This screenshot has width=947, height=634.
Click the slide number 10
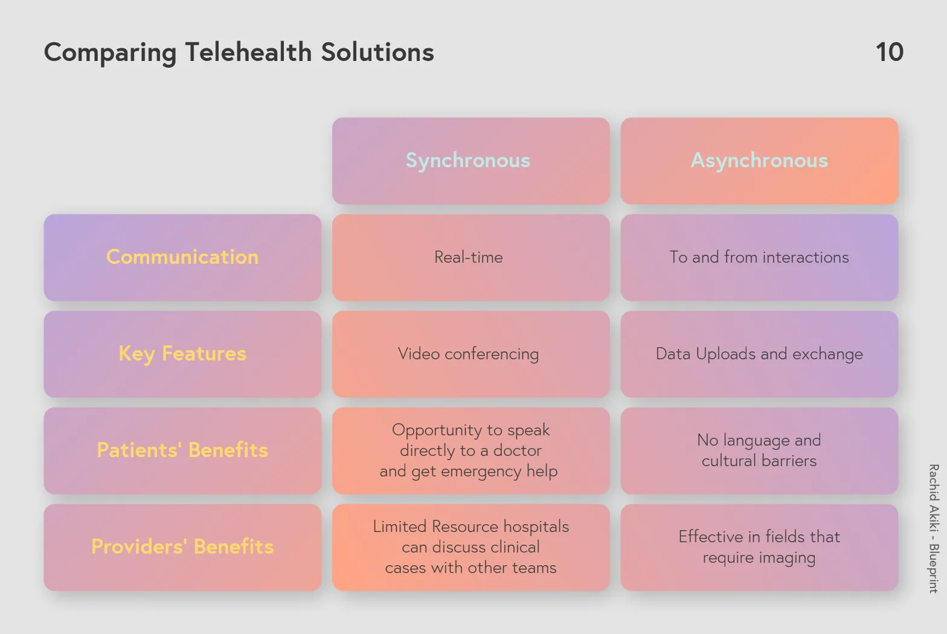(x=890, y=53)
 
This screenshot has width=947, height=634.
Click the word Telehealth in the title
(x=249, y=53)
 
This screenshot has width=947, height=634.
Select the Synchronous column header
(x=470, y=161)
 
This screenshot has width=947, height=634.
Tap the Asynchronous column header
(x=759, y=161)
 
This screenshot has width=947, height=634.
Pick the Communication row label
(x=182, y=257)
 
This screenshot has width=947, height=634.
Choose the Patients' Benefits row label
(x=182, y=450)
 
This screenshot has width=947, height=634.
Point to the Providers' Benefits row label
(x=182, y=547)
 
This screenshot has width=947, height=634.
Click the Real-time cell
(x=470, y=257)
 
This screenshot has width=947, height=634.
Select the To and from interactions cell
(x=759, y=257)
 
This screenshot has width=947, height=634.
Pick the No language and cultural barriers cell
(x=759, y=450)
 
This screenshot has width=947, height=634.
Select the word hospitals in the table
(x=536, y=527)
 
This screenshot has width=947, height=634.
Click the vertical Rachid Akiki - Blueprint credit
(x=934, y=529)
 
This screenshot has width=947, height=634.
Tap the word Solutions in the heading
(x=377, y=53)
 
